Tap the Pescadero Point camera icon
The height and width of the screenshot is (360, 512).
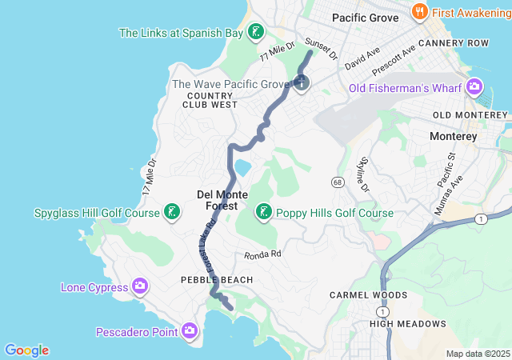pyautogui.click(x=190, y=330)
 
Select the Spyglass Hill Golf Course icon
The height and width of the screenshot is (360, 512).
pyautogui.click(x=170, y=213)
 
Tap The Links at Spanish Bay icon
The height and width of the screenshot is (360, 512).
pyautogui.click(x=255, y=33)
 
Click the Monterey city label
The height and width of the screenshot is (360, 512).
pyautogui.click(x=453, y=136)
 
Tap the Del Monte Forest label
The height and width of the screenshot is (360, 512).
pyautogui.click(x=222, y=200)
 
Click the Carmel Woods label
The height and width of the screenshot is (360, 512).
pyautogui.click(x=369, y=295)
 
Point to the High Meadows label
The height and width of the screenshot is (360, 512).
pyautogui.click(x=407, y=324)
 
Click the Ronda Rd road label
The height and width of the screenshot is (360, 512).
pyautogui.click(x=263, y=255)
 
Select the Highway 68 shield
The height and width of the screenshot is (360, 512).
pyautogui.click(x=339, y=183)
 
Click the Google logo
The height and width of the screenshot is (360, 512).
pyautogui.click(x=26, y=350)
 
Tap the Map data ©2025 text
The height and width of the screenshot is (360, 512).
pyautogui.click(x=478, y=354)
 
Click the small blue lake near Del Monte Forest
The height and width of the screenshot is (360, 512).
pyautogui.click(x=242, y=167)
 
